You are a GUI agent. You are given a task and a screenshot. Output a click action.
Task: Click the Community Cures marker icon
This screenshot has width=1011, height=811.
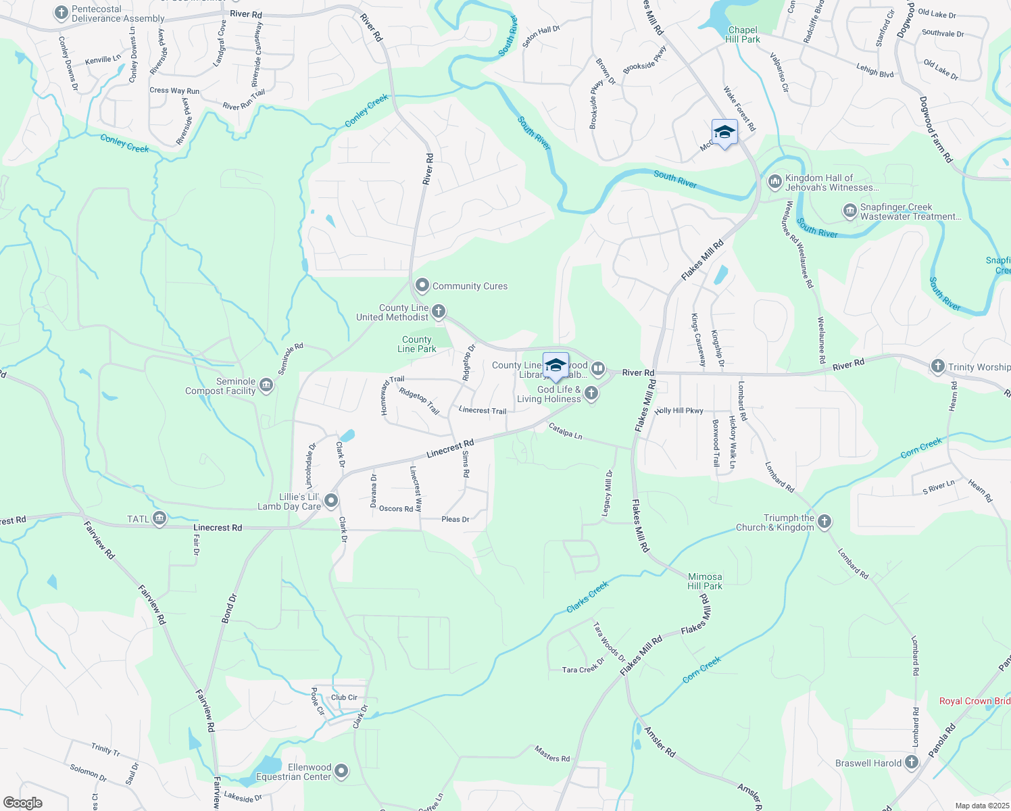(422, 286)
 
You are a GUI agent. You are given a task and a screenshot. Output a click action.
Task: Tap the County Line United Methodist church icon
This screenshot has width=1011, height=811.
(439, 312)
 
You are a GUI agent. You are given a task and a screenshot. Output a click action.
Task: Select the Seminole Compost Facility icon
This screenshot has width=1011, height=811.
(266, 386)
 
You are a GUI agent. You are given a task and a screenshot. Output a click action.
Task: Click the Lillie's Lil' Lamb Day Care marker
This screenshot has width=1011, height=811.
(331, 501)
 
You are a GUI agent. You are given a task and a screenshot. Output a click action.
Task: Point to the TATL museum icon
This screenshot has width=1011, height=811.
(159, 519)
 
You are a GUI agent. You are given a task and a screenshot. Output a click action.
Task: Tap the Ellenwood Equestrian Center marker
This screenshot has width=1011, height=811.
(342, 771)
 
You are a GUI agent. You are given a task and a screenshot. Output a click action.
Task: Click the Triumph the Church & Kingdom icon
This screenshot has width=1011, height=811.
(824, 522)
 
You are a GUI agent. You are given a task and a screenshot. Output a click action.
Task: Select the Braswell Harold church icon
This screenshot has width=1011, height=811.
(912, 763)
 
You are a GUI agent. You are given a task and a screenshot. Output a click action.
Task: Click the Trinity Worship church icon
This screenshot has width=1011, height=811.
(937, 366)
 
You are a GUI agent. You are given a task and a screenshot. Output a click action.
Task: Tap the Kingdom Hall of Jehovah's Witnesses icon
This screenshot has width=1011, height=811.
(774, 182)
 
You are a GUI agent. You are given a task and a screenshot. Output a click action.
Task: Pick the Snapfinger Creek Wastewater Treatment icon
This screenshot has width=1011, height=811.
(849, 212)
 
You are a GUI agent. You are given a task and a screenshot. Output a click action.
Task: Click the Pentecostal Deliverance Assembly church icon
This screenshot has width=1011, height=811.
(61, 13)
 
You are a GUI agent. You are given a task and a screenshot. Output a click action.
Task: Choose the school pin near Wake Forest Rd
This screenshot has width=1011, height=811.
(724, 132)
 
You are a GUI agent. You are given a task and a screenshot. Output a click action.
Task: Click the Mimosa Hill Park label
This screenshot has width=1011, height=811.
(705, 581)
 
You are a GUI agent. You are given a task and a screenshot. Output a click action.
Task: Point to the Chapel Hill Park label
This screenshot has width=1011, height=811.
(743, 34)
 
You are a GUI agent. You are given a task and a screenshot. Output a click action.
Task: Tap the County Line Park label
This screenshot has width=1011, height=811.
(417, 344)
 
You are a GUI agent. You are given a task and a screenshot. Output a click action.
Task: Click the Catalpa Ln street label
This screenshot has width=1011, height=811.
(566, 431)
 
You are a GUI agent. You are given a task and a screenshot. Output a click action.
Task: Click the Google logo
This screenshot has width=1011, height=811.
(23, 803)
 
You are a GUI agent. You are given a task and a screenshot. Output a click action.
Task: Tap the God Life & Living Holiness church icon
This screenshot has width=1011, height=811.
(591, 393)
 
